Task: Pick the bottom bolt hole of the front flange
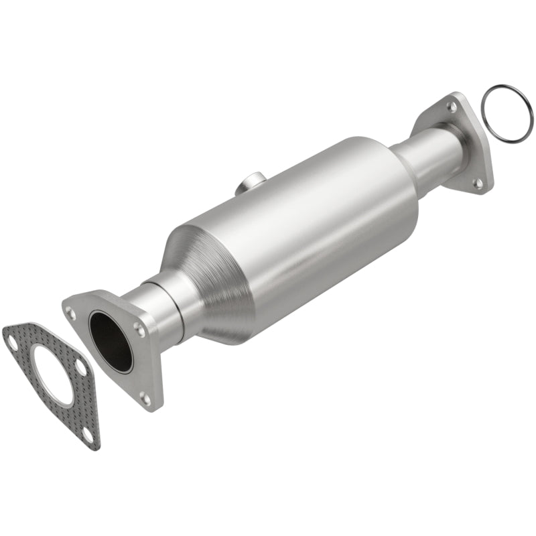click(x=145, y=398)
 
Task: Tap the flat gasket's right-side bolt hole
click(x=80, y=367)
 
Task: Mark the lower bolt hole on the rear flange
click(x=478, y=182)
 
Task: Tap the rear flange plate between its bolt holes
click(x=469, y=144)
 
